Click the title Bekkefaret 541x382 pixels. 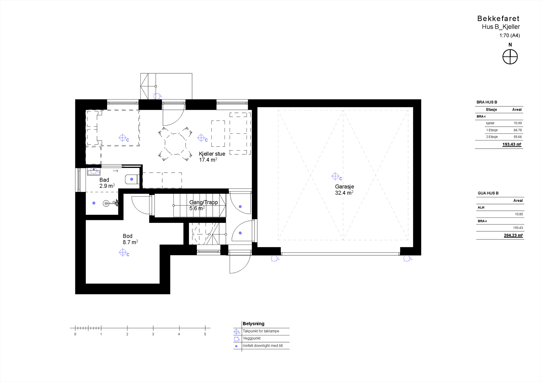click(498, 19)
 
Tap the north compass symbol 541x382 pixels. click(510, 57)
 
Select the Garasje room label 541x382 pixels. click(344, 186)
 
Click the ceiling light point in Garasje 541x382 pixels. click(335, 176)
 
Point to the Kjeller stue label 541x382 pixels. click(212, 154)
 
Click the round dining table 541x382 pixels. click(175, 144)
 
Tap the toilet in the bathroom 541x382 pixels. click(131, 179)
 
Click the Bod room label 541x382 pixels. click(127, 236)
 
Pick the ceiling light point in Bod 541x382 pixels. click(123, 252)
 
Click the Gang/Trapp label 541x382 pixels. click(203, 202)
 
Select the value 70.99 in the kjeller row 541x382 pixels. click(517, 123)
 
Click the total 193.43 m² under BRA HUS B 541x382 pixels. click(511, 145)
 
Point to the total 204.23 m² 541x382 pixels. click(513, 235)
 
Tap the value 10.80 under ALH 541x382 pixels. click(518, 214)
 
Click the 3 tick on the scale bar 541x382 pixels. click(153, 328)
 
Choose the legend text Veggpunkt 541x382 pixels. click(252, 338)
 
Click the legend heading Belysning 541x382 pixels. click(253, 324)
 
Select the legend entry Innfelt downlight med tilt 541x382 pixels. click(262, 346)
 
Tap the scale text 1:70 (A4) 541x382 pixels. click(509, 35)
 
